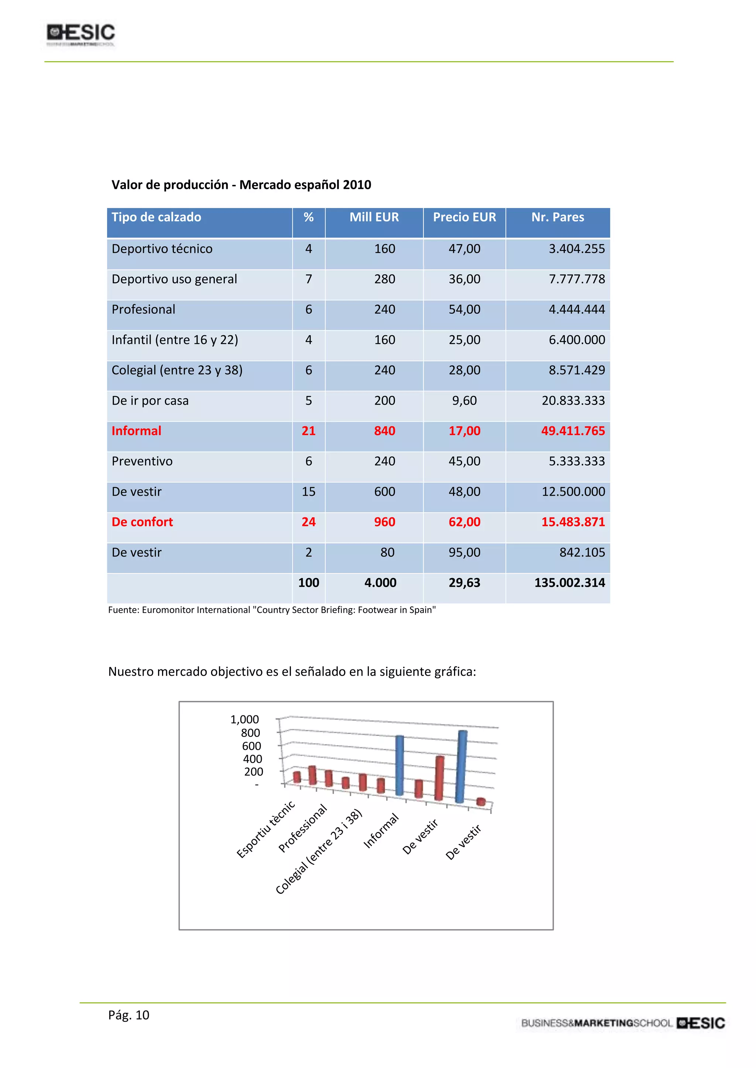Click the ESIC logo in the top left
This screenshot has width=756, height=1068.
[80, 34]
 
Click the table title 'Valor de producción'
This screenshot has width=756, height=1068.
[241, 185]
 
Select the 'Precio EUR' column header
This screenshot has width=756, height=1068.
[464, 217]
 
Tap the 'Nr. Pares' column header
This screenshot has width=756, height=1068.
[557, 217]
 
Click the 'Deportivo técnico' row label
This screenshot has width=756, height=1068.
[162, 249]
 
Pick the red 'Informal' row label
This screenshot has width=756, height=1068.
[136, 431]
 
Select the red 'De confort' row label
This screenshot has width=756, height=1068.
[142, 522]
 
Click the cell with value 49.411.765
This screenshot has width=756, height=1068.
[573, 431]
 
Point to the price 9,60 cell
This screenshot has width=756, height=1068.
[464, 400]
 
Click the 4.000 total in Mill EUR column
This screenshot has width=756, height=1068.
[380, 582]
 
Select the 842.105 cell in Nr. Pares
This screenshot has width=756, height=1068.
[582, 552]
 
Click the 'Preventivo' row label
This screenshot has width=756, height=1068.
[142, 461]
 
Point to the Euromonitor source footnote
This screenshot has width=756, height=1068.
[272, 610]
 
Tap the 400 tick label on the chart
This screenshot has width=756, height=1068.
[252, 759]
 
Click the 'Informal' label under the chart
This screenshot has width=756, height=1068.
[381, 831]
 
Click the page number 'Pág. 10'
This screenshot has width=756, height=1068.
[128, 1015]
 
